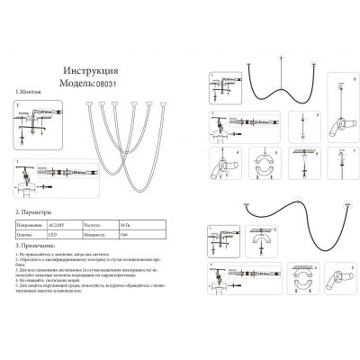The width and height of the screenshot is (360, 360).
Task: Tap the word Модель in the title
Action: pyautogui.click(x=75, y=81)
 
